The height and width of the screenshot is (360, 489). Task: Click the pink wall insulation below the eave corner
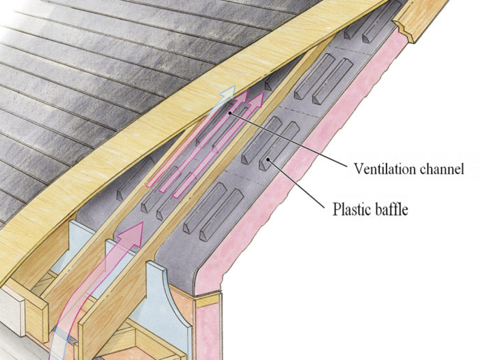tap(210, 329)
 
